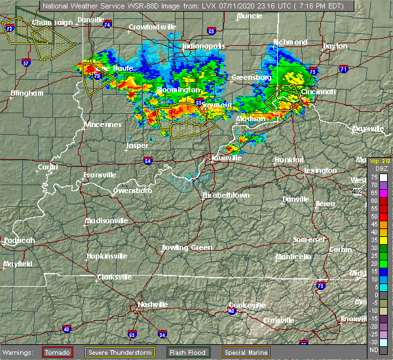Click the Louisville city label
[x=227, y=158]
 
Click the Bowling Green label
[x=187, y=247]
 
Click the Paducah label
[x=19, y=240]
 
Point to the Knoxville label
[x=356, y=318]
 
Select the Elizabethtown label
[x=227, y=195]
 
